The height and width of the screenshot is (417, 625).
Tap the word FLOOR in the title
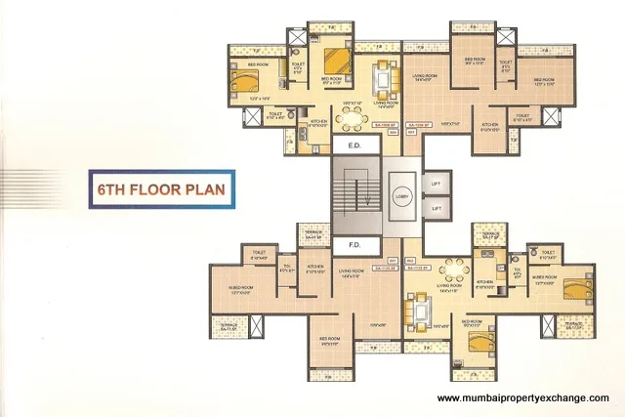tap(154, 188)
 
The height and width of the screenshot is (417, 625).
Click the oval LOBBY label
tap(400, 193)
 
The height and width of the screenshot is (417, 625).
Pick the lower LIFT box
tap(437, 208)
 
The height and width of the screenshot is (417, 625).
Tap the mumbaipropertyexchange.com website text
tap(522, 397)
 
